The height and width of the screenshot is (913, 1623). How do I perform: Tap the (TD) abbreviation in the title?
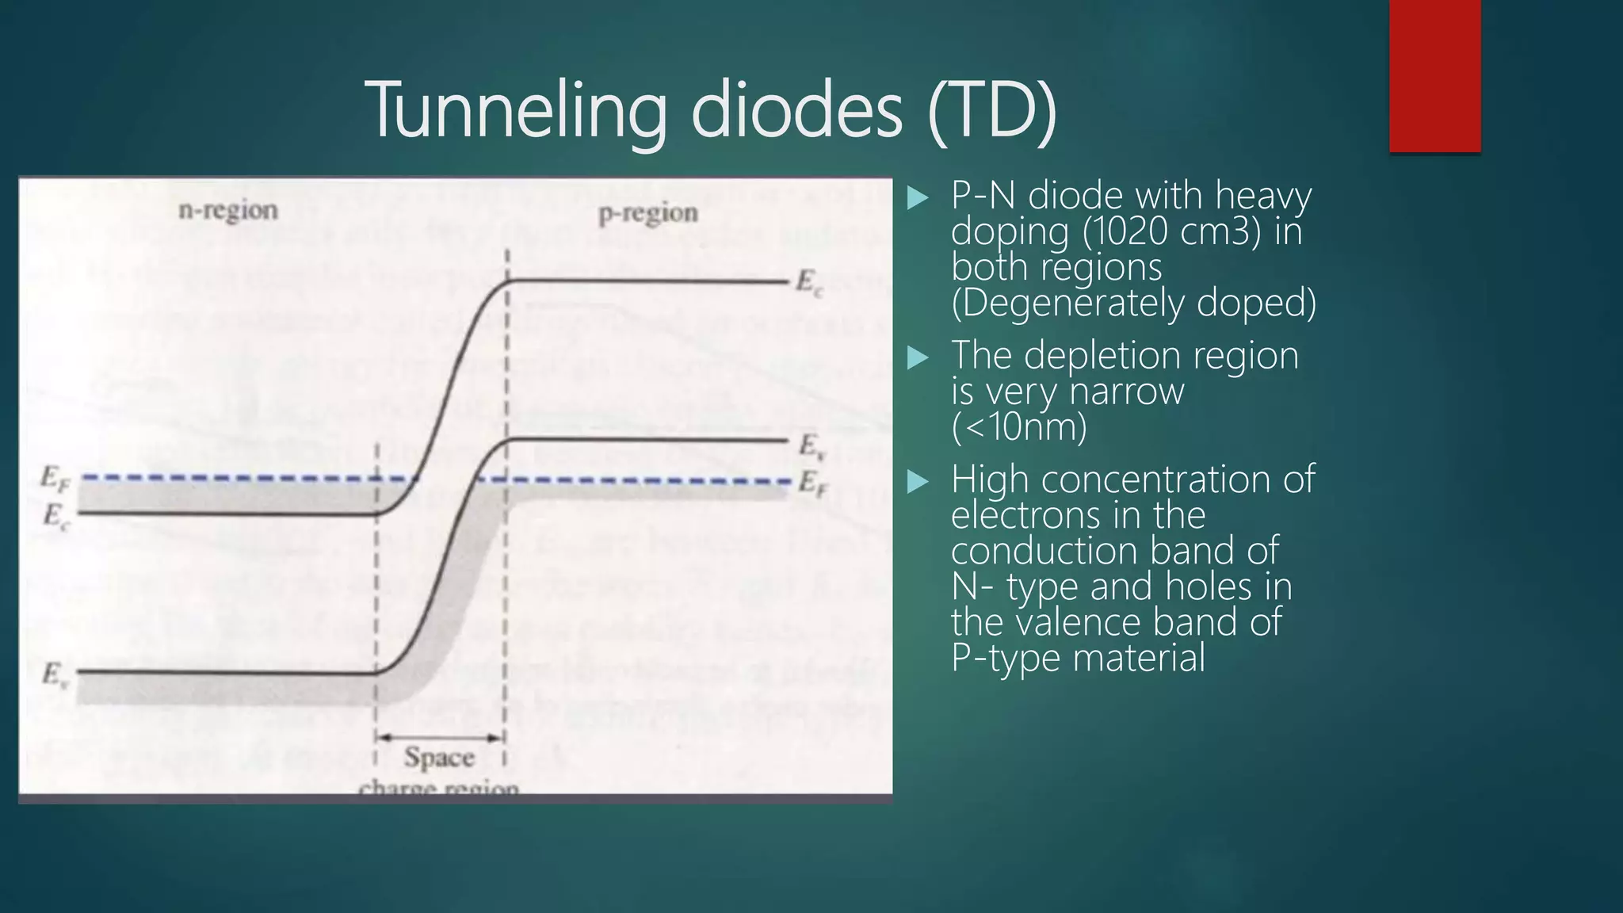click(x=992, y=111)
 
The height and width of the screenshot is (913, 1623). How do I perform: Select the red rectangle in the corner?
click(x=1434, y=75)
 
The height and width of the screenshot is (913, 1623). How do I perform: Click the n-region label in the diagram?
click(x=228, y=211)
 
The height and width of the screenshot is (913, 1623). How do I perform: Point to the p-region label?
click(x=648, y=213)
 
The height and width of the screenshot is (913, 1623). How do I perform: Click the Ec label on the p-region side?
click(x=809, y=283)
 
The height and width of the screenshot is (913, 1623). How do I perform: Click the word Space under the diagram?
click(x=439, y=758)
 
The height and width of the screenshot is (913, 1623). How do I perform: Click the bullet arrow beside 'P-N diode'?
click(x=917, y=197)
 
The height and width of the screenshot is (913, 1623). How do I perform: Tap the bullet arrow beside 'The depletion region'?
click(x=917, y=357)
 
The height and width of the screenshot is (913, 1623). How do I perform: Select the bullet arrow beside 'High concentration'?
click(x=917, y=481)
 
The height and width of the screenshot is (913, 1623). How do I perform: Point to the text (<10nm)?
click(x=1019, y=427)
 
